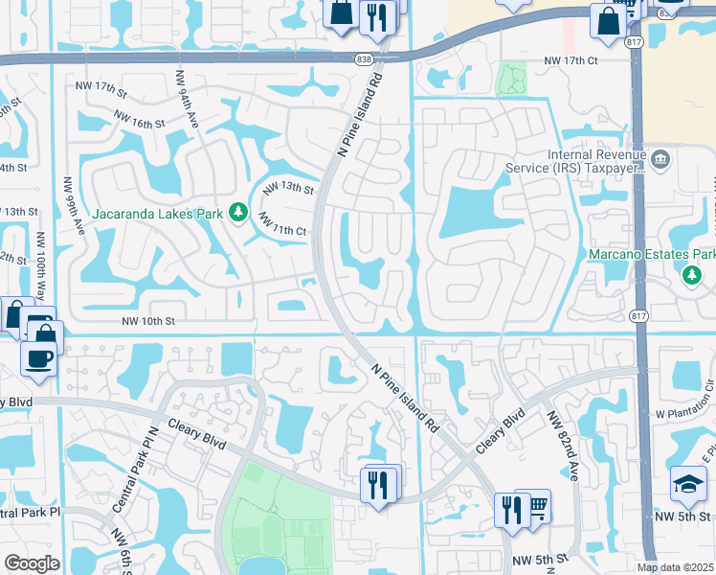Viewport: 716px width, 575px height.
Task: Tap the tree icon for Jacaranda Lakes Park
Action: [x=237, y=213]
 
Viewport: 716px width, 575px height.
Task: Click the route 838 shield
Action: [x=363, y=59]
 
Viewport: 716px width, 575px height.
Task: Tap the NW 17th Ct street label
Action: [x=571, y=60]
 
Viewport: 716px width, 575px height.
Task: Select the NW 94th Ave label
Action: [x=187, y=99]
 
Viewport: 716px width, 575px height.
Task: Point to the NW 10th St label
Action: [x=149, y=322]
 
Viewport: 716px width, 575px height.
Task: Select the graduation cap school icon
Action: [x=687, y=485]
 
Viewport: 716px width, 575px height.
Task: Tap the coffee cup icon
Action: [x=39, y=358]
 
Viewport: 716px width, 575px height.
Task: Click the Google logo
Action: [x=32, y=563]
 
